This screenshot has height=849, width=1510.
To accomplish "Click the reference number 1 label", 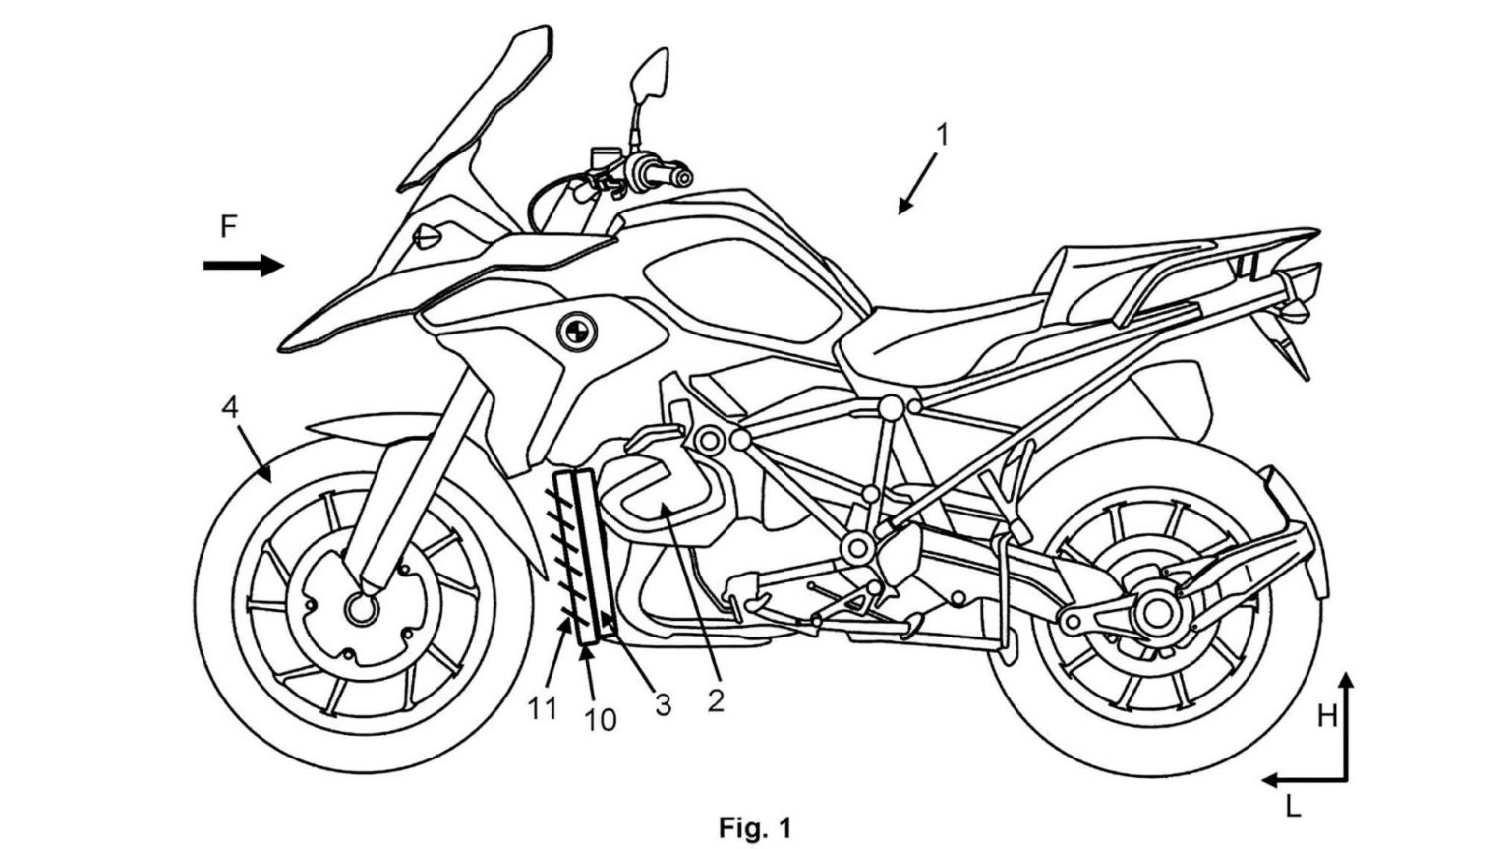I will [942, 136].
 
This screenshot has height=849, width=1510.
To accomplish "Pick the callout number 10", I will [600, 719].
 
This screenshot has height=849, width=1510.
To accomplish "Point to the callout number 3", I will [664, 704].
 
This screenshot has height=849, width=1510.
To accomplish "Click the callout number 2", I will [716, 699].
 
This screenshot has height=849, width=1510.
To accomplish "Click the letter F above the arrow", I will [228, 228].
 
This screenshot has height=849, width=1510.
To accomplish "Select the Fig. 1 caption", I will [754, 826].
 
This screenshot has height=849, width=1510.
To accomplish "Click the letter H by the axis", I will [1327, 716].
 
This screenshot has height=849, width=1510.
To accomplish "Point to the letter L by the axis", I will [1293, 808].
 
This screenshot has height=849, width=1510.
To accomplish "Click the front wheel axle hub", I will [361, 609].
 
